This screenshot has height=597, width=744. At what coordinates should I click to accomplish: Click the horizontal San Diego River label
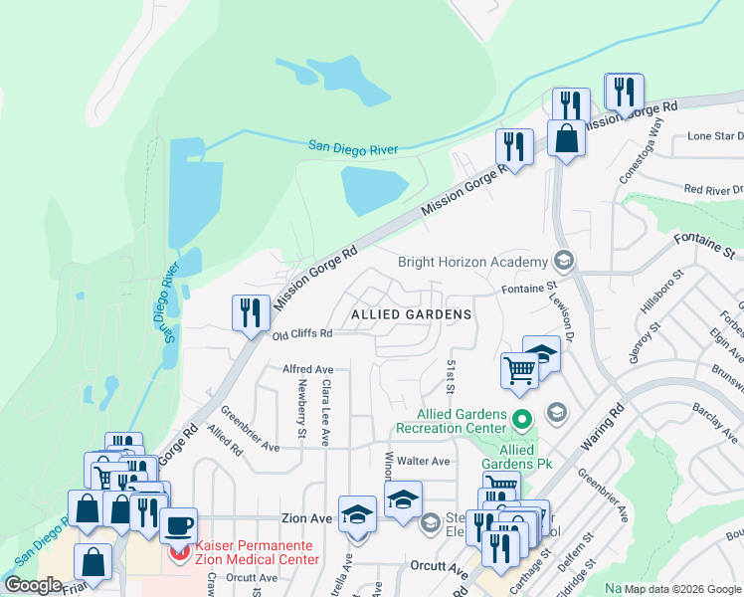tap(352, 148)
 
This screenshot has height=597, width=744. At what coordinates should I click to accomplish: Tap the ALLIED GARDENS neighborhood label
tap(411, 314)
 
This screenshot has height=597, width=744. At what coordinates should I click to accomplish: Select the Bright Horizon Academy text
tap(472, 263)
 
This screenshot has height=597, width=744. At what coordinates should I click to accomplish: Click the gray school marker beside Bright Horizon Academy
tap(564, 262)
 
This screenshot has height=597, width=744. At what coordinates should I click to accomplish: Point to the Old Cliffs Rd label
tap(300, 335)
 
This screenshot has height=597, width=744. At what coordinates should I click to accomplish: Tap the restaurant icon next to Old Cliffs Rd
tap(251, 312)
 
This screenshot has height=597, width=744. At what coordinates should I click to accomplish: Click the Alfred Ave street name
tap(307, 368)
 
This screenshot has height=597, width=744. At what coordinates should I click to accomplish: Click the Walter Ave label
tap(425, 462)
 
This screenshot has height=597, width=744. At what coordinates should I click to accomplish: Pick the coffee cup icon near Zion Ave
tap(179, 525)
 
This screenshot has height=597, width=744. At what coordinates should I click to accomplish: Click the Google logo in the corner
tap(33, 584)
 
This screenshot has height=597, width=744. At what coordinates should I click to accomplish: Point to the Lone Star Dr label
tap(715, 136)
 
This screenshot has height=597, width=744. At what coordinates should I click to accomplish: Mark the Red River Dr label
tap(712, 189)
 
